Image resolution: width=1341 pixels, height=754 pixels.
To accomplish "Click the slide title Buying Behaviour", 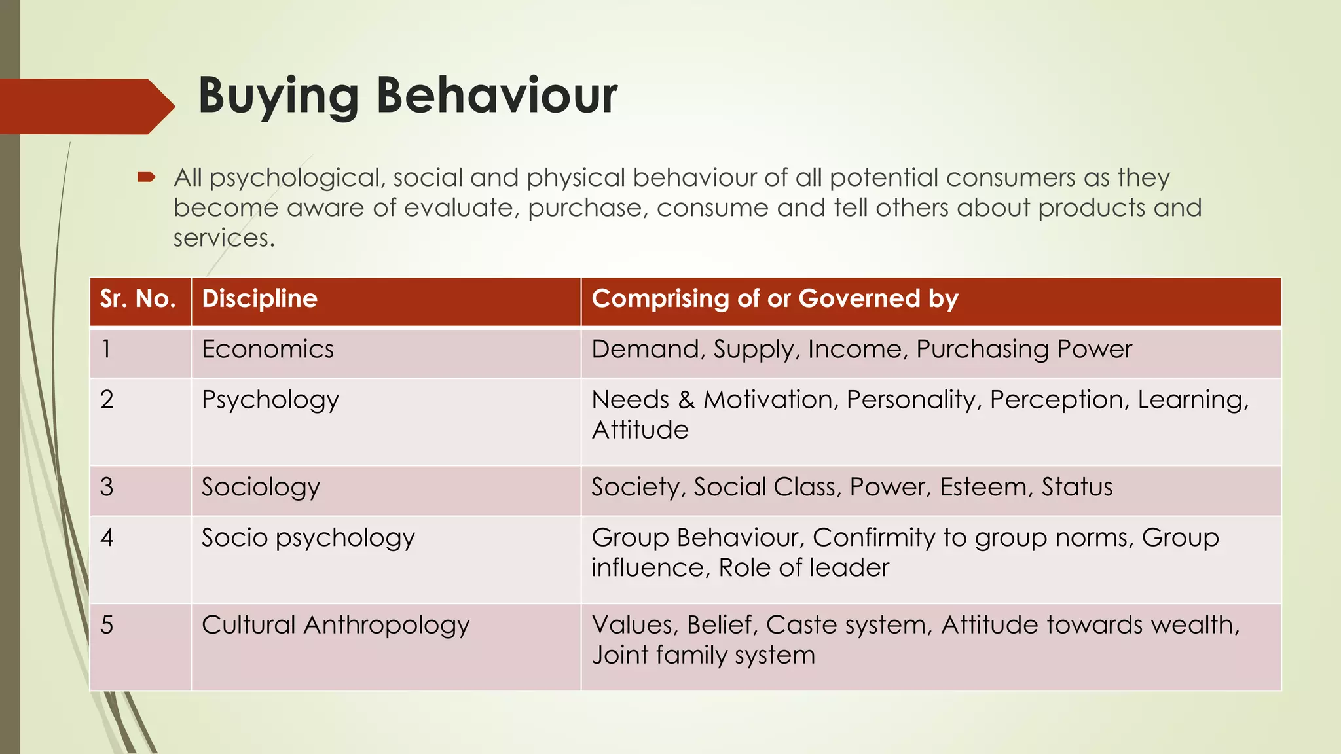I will pos(407,96).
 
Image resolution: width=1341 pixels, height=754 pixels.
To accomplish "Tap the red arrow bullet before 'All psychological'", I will pos(146,177).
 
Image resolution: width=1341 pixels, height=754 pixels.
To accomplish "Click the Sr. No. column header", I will pos(138,299).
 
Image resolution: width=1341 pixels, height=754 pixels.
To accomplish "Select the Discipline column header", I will pos(259,299).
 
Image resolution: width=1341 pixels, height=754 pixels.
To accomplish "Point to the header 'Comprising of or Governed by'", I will pos(775,299).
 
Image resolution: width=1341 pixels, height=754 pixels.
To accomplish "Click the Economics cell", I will pos(268,350).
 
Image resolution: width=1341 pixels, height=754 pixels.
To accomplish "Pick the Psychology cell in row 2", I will pos(270,400).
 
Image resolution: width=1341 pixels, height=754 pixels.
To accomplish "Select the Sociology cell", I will pos(261,488).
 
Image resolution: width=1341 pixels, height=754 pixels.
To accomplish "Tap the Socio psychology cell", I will pos(308,538).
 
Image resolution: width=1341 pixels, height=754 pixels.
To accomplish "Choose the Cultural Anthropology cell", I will pos(335,625).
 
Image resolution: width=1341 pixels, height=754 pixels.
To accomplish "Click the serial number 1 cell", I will pos(107,350).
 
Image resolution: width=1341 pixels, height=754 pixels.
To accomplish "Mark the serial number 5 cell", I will pos(107,625).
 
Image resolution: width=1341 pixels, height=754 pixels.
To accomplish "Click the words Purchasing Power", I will pos(1023,350).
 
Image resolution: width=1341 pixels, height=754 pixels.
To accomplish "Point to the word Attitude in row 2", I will pos(640,430).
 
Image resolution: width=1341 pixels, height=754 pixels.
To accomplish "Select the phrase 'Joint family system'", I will pos(703,655).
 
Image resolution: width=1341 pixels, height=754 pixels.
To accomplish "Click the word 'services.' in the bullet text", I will pos(224,238).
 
